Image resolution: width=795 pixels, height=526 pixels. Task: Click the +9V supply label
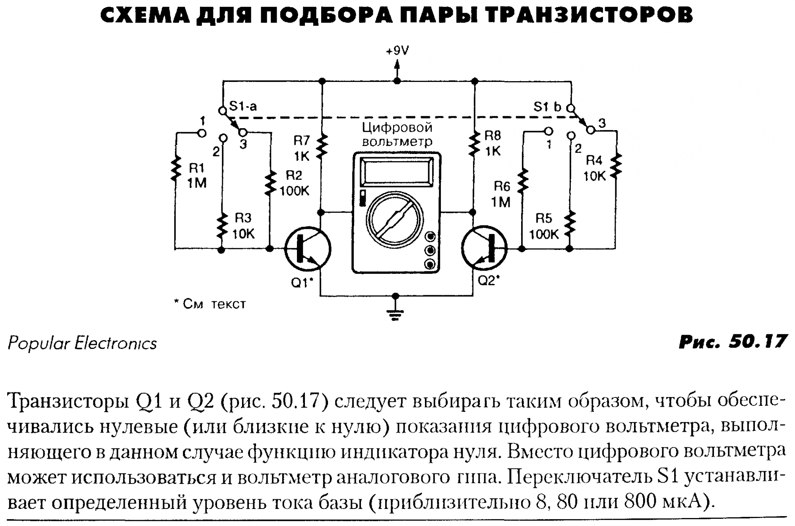(397, 51)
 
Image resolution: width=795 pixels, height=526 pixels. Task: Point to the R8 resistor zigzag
(473, 144)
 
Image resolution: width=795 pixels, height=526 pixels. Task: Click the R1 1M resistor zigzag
(175, 169)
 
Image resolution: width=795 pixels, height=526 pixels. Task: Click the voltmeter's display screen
(397, 171)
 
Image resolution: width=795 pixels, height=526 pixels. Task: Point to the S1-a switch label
(243, 106)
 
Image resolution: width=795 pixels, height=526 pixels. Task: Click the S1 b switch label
(547, 107)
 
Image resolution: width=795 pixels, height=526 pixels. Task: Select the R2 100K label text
(294, 183)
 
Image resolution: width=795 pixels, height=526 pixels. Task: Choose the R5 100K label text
(544, 226)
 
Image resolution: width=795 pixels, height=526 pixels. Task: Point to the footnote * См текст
(210, 304)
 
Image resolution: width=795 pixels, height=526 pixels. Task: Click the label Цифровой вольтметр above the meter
(397, 134)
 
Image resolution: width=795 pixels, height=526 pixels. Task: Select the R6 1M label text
(501, 194)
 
